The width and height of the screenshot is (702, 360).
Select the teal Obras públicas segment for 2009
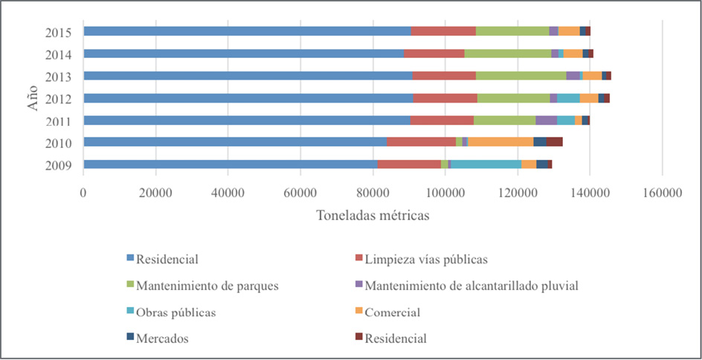point(486,164)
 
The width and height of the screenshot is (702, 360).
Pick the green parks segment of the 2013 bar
point(521,75)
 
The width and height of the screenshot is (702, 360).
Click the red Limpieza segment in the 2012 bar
point(445,97)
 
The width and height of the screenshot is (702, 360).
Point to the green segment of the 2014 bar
point(508,54)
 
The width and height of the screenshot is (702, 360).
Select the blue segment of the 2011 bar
point(246,120)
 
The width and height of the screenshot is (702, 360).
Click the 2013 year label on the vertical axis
point(57,76)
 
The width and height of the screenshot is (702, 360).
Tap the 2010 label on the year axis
point(57,142)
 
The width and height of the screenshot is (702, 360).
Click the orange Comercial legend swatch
point(358,312)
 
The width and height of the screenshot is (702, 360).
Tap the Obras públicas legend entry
point(176,312)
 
